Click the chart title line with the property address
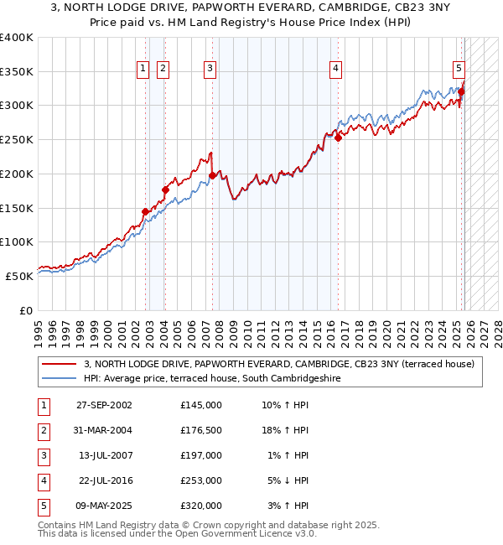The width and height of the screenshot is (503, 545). pyautogui.click(x=251, y=8)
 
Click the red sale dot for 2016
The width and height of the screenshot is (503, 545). pyautogui.click(x=338, y=138)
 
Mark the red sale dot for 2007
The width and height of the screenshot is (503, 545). pyautogui.click(x=212, y=176)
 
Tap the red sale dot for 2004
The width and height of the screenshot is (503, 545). pyautogui.click(x=165, y=190)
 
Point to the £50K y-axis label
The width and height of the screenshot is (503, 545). pyautogui.click(x=19, y=275)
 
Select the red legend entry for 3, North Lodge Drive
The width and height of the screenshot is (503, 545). pyautogui.click(x=280, y=364)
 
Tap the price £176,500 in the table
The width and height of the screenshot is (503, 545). pyautogui.click(x=201, y=430)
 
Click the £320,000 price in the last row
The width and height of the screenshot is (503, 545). pyautogui.click(x=201, y=506)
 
